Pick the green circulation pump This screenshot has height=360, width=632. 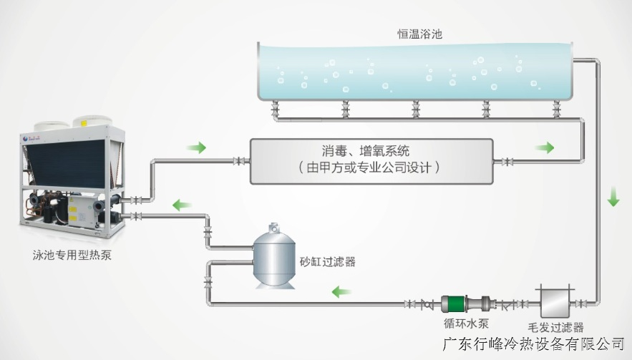click(454, 304)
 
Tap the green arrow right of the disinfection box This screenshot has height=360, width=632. click(545, 148)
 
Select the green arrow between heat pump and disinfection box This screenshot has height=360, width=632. click(196, 148)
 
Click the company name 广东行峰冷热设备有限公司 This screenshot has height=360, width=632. click(534, 345)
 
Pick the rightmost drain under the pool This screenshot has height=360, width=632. click(555, 108)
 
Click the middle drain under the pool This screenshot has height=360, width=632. click(415, 108)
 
